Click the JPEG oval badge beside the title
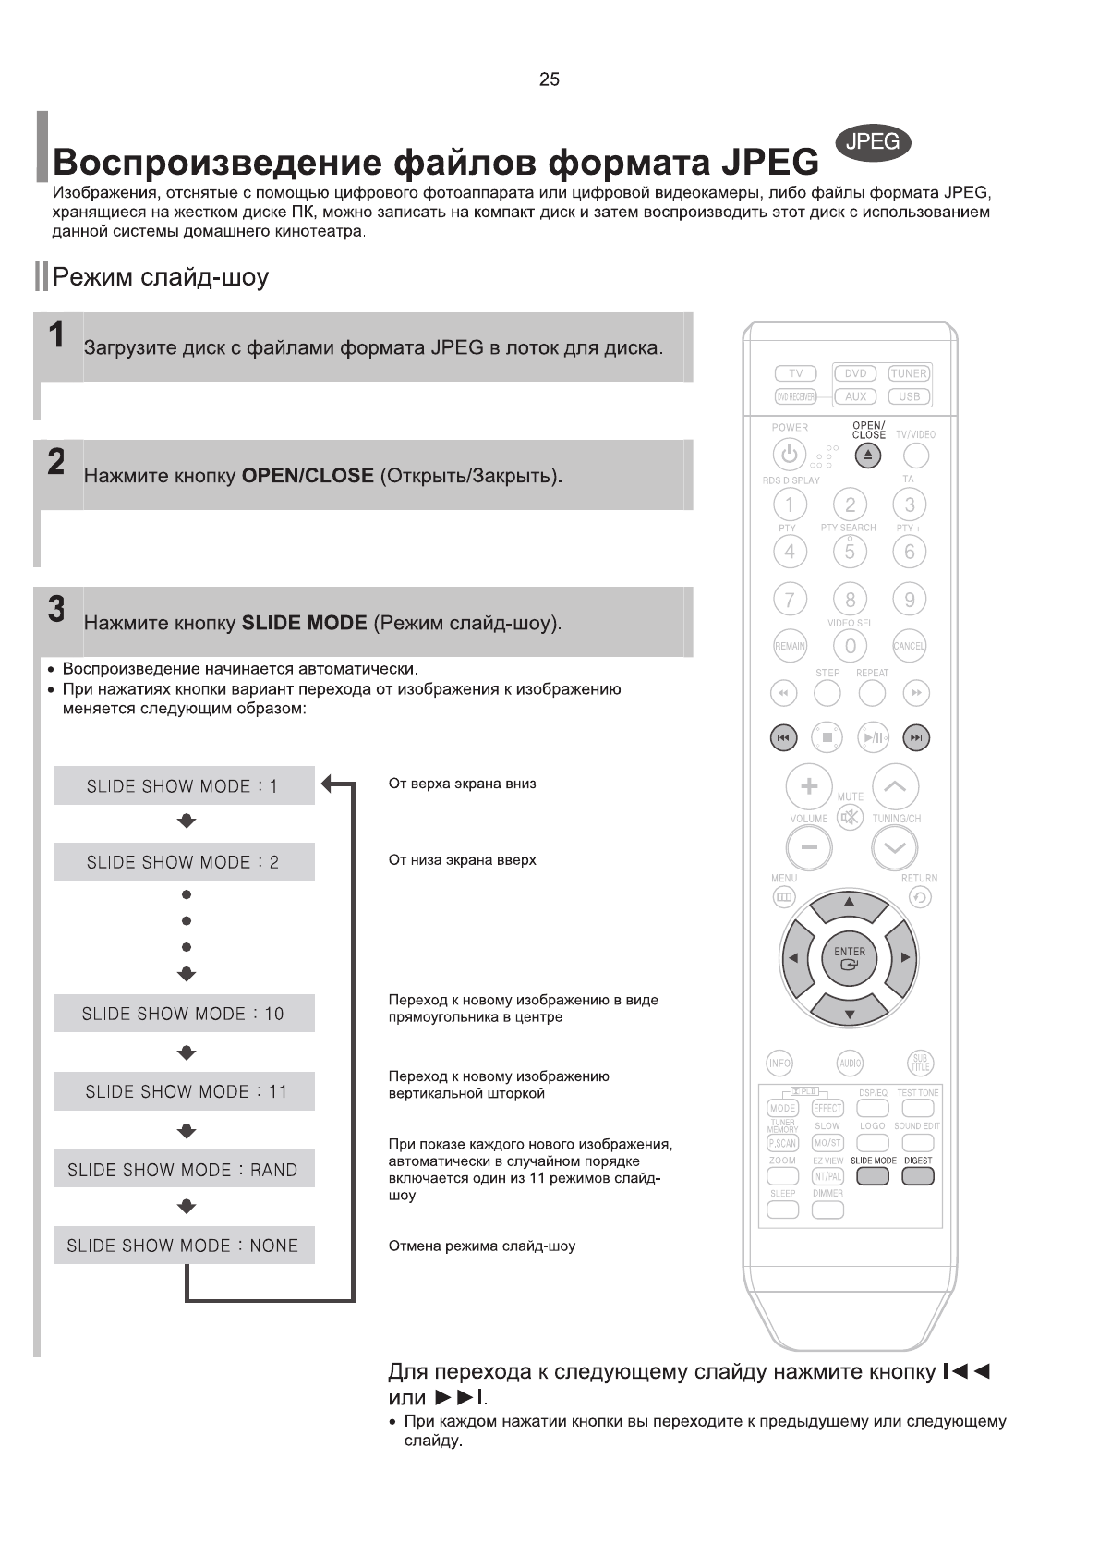(x=873, y=141)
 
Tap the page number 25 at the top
(x=549, y=79)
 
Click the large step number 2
(x=56, y=462)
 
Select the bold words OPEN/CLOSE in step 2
(x=307, y=476)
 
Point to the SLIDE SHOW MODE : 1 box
(x=184, y=786)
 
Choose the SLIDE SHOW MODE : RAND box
(x=184, y=1170)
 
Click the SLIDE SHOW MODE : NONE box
(x=184, y=1246)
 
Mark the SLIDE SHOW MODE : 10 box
(x=184, y=1014)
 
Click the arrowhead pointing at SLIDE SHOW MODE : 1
(x=328, y=785)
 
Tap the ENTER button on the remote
(x=850, y=958)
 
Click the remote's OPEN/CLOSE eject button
(x=868, y=456)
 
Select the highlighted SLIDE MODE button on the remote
(x=873, y=1176)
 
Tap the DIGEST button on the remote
(x=918, y=1176)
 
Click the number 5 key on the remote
(x=850, y=552)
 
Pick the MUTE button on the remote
(x=849, y=817)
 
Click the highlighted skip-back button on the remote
(x=783, y=737)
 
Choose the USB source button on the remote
(x=909, y=396)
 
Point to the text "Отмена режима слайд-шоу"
(x=482, y=1246)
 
